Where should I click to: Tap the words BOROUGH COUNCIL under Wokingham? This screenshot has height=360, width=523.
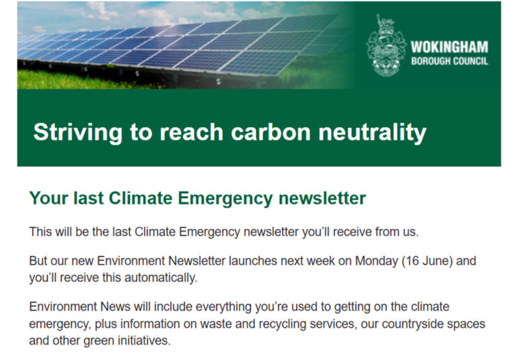click(x=449, y=61)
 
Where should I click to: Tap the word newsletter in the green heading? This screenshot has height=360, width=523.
click(x=321, y=198)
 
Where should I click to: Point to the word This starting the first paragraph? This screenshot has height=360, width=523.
click(x=41, y=231)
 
